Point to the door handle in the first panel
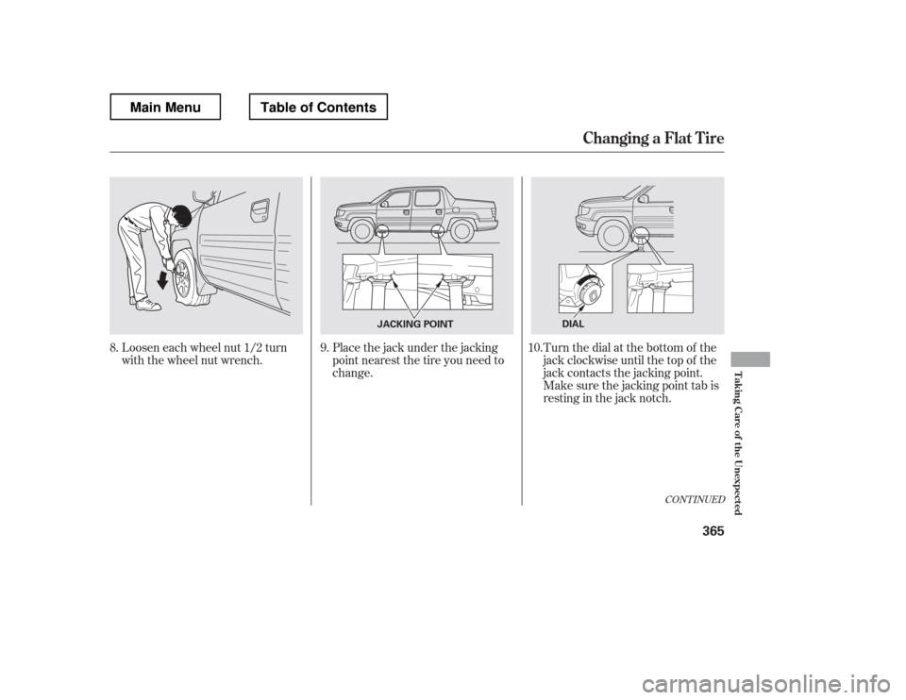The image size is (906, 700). click(259, 208)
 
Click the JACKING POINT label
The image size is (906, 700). click(405, 324)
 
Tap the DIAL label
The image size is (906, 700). click(572, 324)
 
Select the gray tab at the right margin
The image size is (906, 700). click(750, 358)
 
